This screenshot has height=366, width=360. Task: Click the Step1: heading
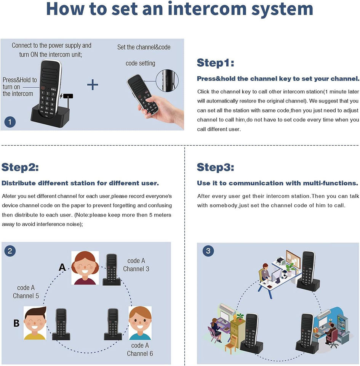(215, 63)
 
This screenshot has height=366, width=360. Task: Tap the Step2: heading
(20, 167)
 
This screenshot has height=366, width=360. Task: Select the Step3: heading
(215, 167)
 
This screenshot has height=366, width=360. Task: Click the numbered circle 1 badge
(10, 122)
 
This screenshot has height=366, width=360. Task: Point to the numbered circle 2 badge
(10, 251)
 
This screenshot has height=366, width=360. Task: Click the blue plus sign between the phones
(93, 84)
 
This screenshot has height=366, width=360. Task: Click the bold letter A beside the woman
(62, 268)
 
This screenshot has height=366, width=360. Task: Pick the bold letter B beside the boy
(16, 323)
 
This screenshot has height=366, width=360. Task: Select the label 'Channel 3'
(136, 269)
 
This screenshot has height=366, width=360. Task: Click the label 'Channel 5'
(26, 296)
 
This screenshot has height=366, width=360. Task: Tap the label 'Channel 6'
(140, 353)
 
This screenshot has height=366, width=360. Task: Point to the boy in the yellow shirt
(35, 323)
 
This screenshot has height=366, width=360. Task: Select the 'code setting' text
(141, 63)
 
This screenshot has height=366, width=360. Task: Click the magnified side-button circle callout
(167, 80)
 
